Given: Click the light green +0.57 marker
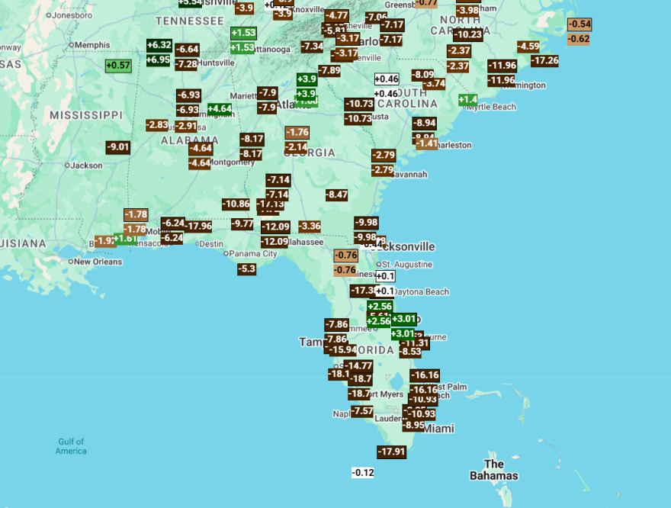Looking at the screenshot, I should coord(118,66).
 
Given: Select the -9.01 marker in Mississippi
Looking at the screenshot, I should coord(118,147).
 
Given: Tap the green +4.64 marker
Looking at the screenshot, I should coord(219,109).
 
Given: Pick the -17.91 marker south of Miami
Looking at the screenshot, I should coord(391,452).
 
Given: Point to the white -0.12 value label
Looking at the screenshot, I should coord(363,473).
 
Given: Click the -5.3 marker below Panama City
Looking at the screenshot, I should coord(246,268).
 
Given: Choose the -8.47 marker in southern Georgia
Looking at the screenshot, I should coord(336,195).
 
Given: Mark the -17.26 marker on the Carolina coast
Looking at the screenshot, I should coord(544,61).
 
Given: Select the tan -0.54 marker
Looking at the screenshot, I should coord(579,24).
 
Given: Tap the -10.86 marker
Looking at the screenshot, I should coord(236,204).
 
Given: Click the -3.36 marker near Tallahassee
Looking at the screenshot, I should coord(310,226).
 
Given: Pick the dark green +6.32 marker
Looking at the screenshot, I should coord(159,45).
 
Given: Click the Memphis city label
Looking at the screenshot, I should coord(91,45).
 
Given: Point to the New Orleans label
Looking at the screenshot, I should coord(98,262).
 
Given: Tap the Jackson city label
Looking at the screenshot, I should coord(87,165).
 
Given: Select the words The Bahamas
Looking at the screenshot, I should coord(493,470).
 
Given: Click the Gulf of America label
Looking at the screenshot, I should coord(71,446).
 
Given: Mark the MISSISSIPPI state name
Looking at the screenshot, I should coord(85,114).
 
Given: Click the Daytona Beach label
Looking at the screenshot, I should coord(420,292).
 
